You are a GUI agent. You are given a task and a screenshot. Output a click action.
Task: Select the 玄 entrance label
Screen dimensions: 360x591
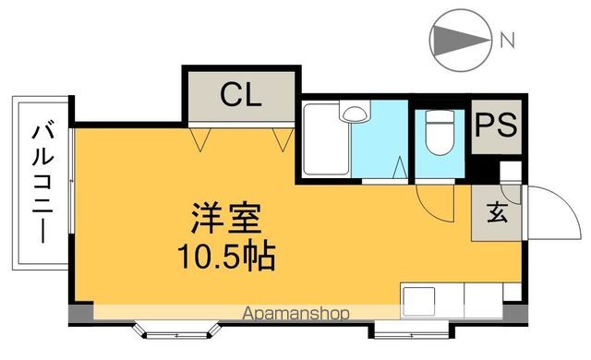click(496, 214)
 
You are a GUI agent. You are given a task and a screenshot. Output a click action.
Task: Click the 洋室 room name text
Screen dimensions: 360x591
click(226, 221)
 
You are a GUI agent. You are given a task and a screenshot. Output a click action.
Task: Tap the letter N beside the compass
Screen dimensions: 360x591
click(507, 40)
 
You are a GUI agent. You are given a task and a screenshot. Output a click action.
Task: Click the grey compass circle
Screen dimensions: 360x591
click(458, 40)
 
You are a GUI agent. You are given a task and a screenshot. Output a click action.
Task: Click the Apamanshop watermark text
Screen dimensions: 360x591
click(296, 315)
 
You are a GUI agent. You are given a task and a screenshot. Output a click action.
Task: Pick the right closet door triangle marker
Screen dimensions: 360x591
click(283, 140)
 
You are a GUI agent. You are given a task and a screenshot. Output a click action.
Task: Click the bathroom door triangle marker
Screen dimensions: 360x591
click(399, 168)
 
